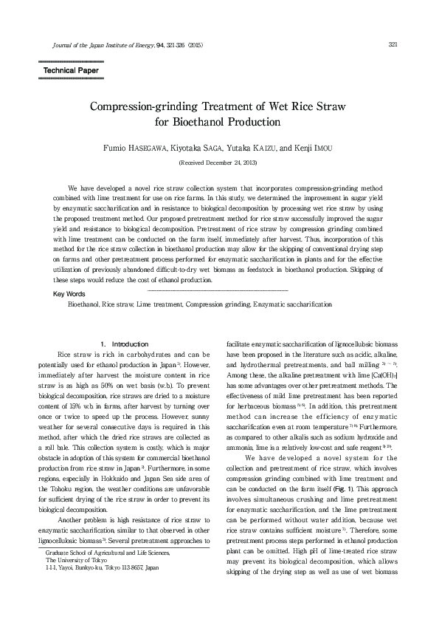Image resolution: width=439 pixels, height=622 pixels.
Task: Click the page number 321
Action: tap(393, 44)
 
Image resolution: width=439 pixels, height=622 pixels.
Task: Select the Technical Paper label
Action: tap(71, 70)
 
